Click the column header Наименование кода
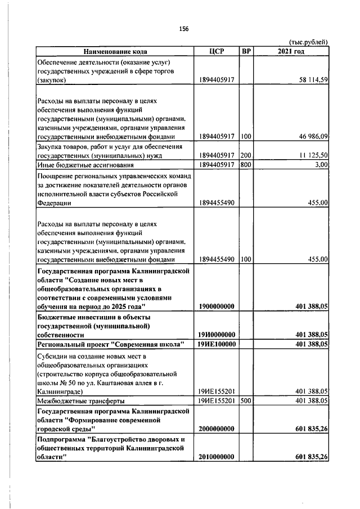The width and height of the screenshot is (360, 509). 114,52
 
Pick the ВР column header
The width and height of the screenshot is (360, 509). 246,52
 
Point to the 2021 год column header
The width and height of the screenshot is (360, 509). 291,52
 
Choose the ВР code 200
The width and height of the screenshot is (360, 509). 245,155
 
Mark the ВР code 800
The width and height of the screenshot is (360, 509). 245,165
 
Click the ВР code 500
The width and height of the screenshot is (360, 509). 245,400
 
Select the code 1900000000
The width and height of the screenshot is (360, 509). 217,306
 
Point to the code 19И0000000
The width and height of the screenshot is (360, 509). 217,334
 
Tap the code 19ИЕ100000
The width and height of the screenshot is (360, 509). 217,344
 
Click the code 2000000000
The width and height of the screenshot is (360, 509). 217,429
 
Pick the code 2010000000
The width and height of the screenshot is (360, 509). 217,457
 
